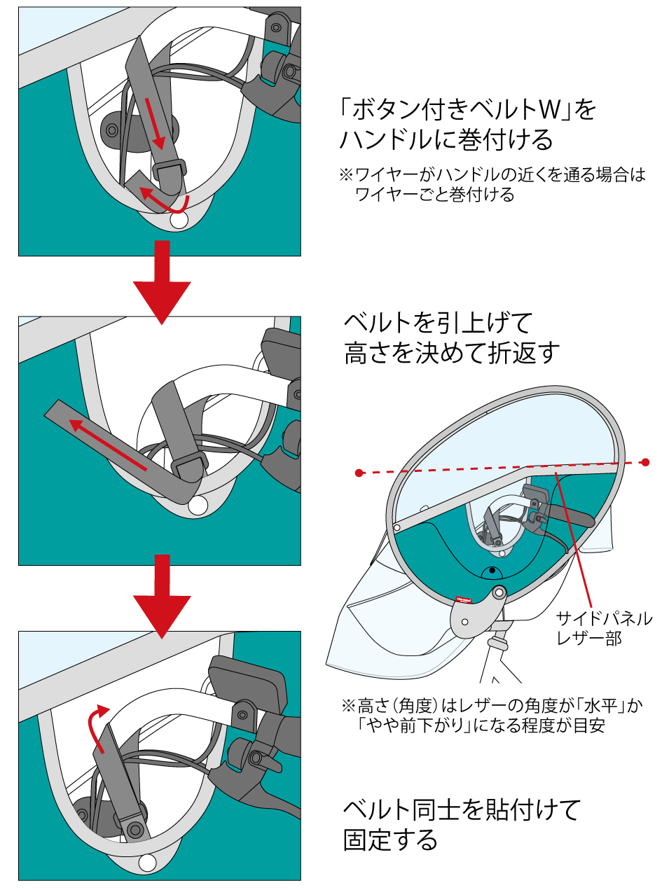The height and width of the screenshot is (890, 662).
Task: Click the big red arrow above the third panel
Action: click(x=162, y=596)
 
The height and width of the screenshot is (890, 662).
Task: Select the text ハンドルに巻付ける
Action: click(x=446, y=140)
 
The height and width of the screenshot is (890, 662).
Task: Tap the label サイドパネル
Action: click(x=603, y=619)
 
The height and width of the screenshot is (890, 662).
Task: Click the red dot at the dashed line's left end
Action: click(x=359, y=473)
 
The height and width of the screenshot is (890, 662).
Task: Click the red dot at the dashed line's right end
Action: click(x=645, y=462)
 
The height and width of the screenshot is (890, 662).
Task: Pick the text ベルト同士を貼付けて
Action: click(x=462, y=809)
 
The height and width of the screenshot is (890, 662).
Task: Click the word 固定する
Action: click(x=390, y=840)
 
